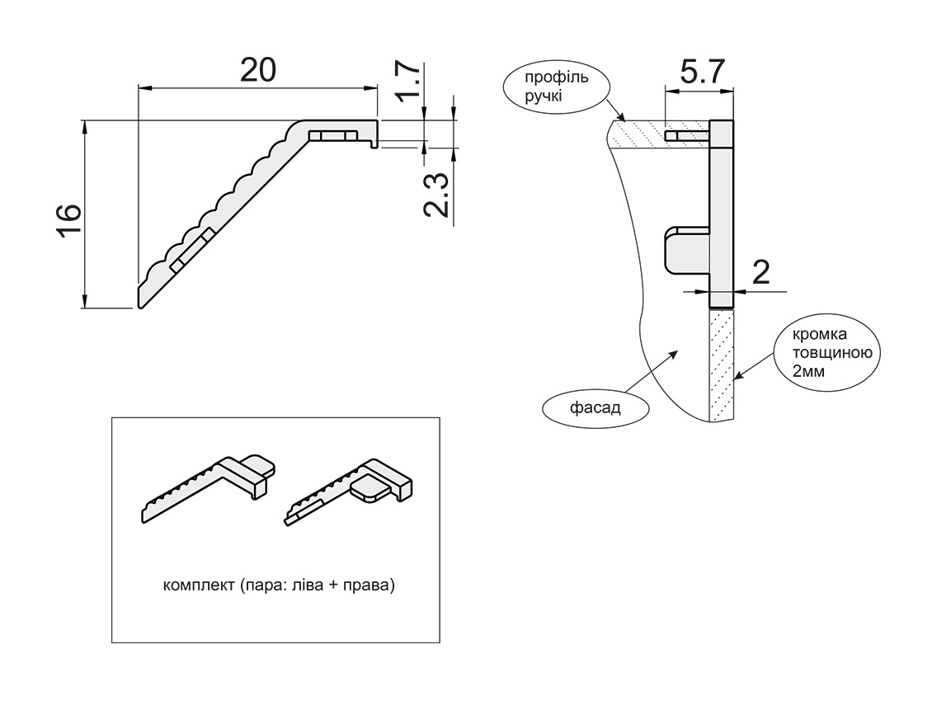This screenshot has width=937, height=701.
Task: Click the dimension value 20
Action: tap(257, 70)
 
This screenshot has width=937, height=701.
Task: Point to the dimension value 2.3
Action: tap(436, 195)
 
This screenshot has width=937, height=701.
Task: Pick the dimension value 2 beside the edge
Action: tap(760, 271)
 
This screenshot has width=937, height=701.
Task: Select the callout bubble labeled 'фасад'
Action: tap(595, 407)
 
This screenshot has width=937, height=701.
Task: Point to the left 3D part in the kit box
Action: tap(209, 487)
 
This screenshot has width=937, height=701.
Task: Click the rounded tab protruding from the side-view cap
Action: tap(685, 252)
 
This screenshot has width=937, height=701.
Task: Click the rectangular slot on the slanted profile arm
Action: tap(192, 251)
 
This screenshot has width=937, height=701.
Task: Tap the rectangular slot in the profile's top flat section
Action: tap(332, 135)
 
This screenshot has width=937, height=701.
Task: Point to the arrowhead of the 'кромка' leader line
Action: tap(737, 379)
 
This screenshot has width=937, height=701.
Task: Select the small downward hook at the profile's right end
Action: tap(375, 144)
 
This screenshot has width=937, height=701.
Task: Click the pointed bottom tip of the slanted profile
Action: tap(140, 306)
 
